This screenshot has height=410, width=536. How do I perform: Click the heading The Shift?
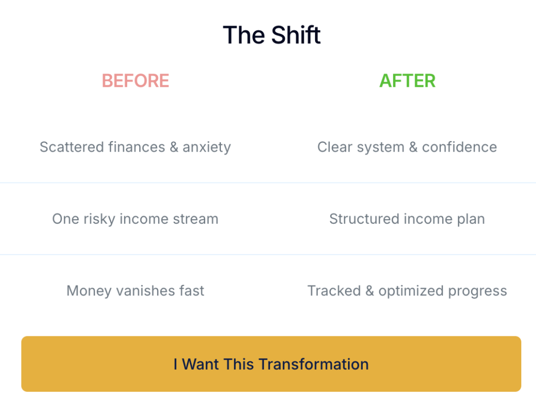272,35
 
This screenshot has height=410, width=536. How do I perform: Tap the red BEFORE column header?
136,81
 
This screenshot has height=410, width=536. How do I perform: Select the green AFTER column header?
407,81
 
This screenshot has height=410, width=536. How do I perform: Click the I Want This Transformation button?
271,364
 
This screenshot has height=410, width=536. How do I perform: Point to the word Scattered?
72,147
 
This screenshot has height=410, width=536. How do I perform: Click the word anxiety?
207,148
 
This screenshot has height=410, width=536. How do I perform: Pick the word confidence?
460,147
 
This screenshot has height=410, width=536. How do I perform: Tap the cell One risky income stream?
136,219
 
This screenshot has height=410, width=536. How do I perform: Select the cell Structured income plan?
407,219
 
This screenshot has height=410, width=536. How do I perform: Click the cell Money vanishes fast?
136,291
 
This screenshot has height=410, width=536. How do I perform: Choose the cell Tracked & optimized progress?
407,291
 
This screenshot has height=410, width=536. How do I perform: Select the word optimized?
411,291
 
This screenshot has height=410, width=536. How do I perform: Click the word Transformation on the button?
314,364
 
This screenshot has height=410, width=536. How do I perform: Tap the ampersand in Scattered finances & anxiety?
174,147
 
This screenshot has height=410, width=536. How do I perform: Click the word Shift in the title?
296,35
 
